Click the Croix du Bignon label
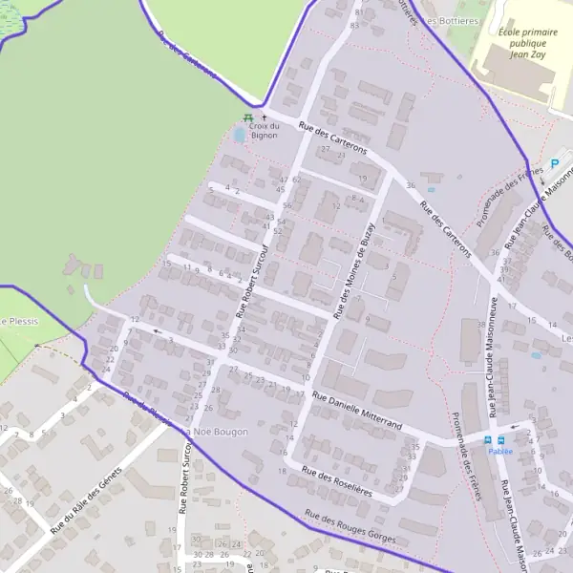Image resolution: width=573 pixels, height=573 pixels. click(x=264, y=131)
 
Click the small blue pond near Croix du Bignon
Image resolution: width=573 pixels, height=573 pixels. click(x=238, y=135)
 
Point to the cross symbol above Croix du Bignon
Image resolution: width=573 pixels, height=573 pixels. click(x=265, y=117)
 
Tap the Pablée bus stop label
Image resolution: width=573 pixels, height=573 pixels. click(x=499, y=451)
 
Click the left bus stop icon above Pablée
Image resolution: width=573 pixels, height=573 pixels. click(x=488, y=439)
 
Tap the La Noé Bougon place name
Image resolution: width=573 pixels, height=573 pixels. click(x=217, y=432)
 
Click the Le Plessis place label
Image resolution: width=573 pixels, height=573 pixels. click(x=19, y=322)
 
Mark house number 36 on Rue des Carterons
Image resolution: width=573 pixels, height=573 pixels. click(x=411, y=184)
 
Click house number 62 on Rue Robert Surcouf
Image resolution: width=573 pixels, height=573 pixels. click(x=297, y=179)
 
